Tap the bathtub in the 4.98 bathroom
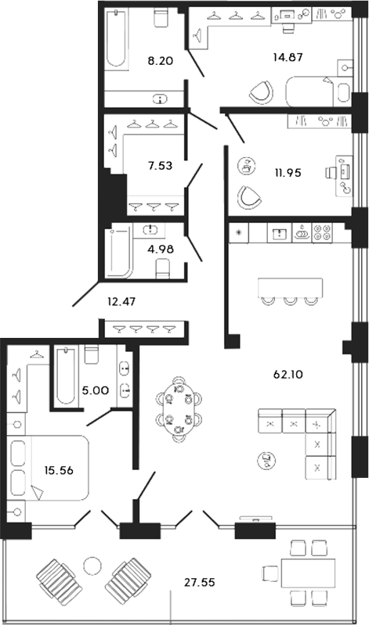120,253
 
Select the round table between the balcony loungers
93,566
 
